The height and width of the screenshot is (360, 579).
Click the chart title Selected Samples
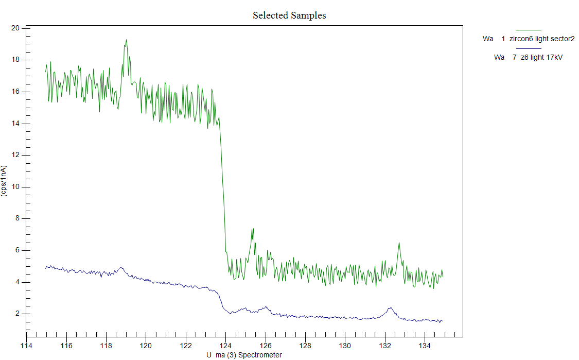point(289,15)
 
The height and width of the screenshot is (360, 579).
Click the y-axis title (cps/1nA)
point(4,181)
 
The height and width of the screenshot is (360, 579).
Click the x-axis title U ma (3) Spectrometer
point(244,355)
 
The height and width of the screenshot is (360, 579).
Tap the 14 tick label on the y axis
point(15,124)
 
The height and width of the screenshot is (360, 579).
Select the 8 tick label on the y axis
point(17,218)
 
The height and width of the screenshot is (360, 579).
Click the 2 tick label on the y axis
point(17,314)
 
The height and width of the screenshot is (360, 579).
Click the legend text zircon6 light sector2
point(541,39)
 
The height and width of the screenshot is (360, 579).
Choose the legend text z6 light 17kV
point(541,58)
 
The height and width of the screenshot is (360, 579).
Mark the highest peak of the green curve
point(126,40)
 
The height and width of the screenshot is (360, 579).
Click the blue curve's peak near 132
point(390,307)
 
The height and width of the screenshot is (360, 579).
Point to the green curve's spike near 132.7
point(399,243)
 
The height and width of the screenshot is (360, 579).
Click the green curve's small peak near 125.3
point(253,229)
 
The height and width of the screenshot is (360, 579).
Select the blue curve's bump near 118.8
point(121,267)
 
